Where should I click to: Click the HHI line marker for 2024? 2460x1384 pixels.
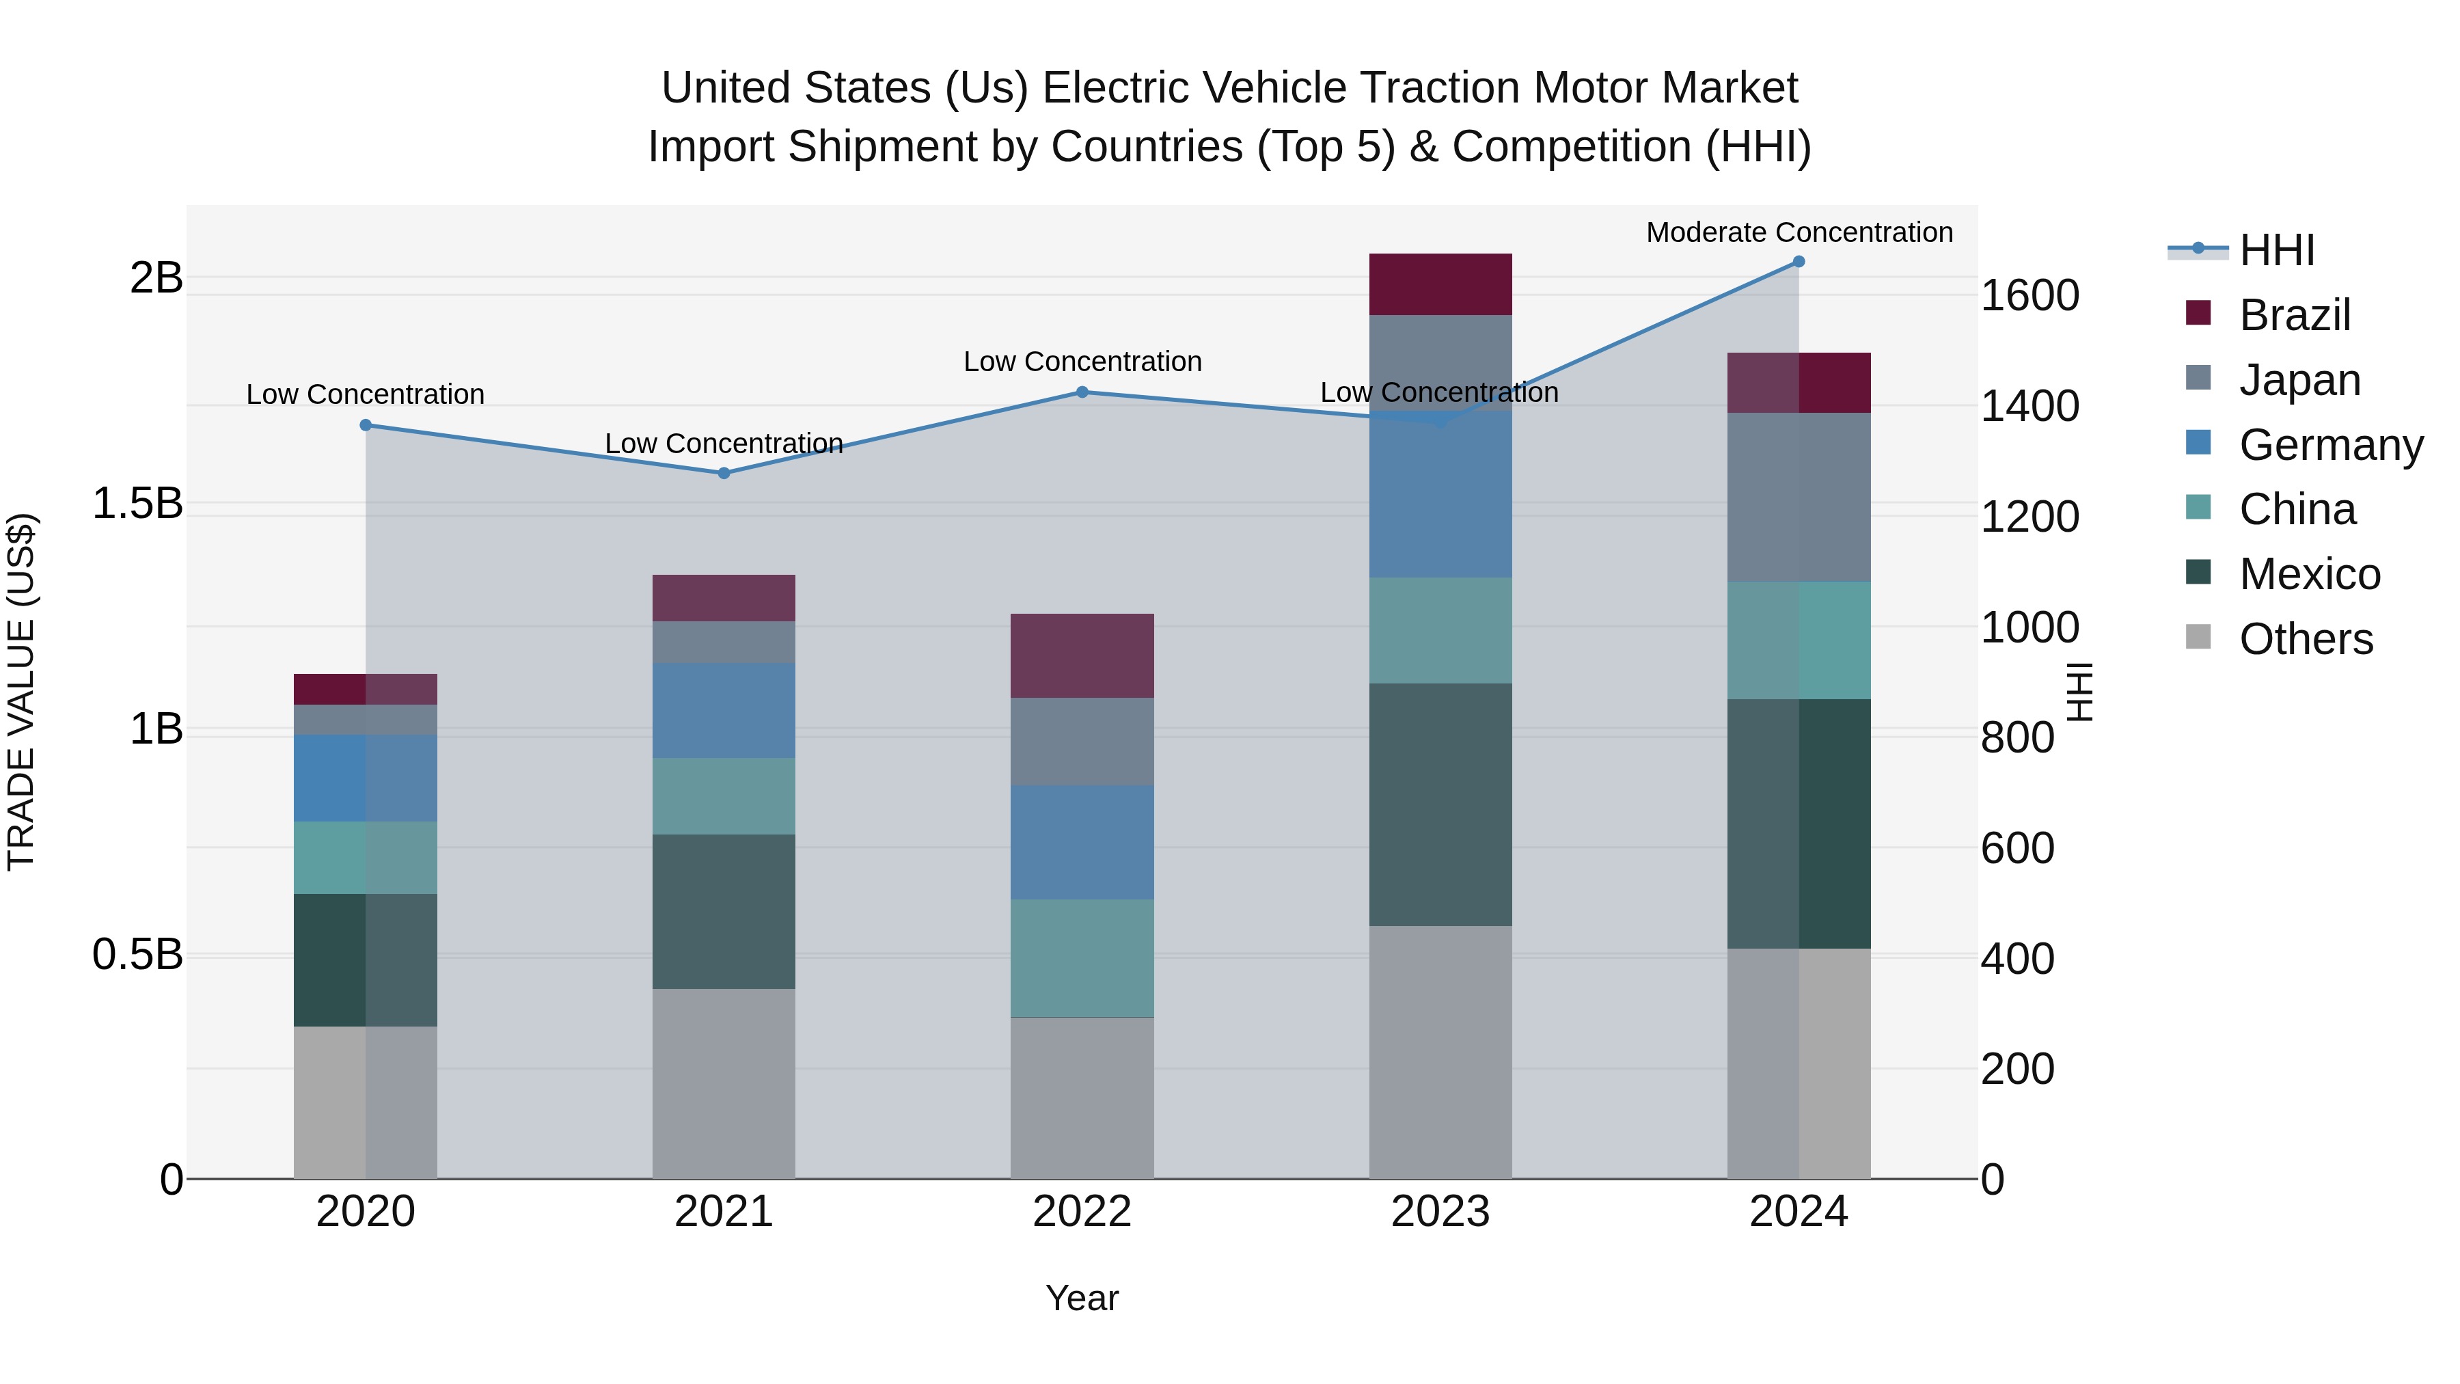point(1799,262)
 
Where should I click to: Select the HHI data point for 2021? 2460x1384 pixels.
point(724,473)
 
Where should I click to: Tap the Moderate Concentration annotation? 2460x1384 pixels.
point(1799,233)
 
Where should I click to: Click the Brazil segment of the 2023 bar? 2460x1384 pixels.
point(1440,284)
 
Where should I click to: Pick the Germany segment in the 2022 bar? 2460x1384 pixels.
point(1082,843)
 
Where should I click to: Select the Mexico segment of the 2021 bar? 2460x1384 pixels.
point(724,911)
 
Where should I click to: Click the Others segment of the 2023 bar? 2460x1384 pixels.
point(1440,1050)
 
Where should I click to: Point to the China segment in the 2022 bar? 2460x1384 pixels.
point(1082,958)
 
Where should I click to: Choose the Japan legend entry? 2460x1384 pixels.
point(2299,380)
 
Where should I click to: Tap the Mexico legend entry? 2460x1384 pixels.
point(2308,574)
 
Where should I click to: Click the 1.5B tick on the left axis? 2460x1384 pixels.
point(137,503)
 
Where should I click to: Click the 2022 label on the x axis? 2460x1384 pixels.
point(1082,1212)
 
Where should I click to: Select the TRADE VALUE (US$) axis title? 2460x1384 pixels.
point(21,692)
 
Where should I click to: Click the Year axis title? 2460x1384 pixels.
point(1082,1298)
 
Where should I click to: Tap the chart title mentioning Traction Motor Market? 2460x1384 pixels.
point(1229,116)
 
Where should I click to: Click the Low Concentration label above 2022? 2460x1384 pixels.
point(1082,362)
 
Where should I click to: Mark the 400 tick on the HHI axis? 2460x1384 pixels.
point(2017,958)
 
